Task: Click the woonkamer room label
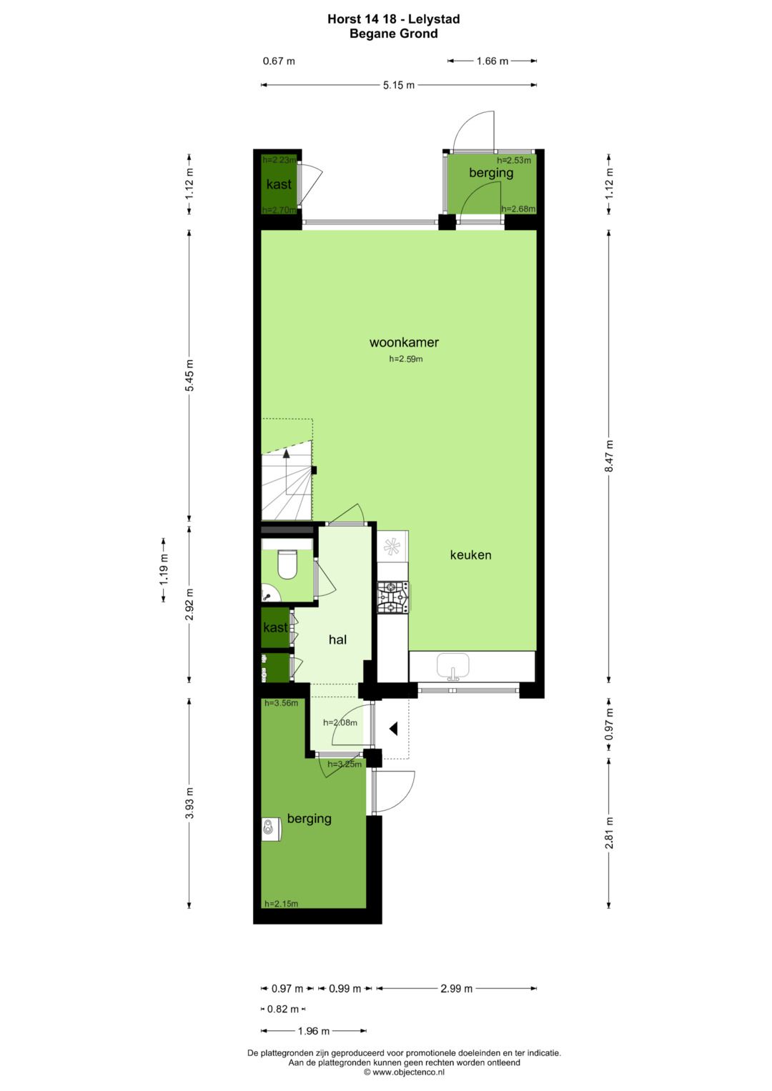click(x=404, y=342)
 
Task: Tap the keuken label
click(x=470, y=555)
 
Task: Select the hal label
click(x=337, y=639)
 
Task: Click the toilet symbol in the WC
click(x=287, y=564)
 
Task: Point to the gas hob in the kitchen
click(x=393, y=597)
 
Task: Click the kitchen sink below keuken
click(x=452, y=666)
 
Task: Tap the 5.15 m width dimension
click(x=398, y=85)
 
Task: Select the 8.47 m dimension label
click(x=609, y=456)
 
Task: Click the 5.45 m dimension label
click(x=189, y=375)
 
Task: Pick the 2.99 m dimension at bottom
click(x=456, y=989)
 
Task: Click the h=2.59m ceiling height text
click(x=405, y=359)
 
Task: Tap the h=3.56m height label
click(x=281, y=703)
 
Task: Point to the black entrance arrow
click(x=393, y=729)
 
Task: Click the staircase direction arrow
click(x=287, y=453)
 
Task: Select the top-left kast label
click(x=279, y=184)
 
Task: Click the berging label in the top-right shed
click(x=491, y=173)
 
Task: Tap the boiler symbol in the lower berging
click(x=269, y=828)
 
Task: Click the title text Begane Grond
click(x=393, y=34)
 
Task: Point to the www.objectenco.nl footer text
click(x=404, y=1072)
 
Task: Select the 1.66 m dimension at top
click(x=492, y=61)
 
